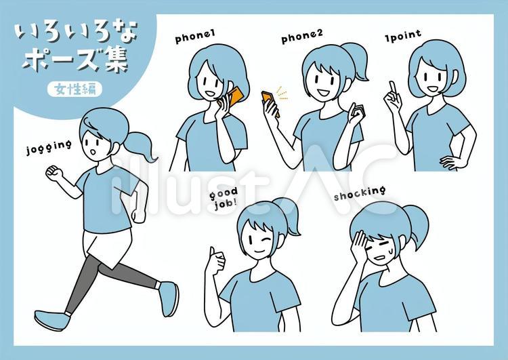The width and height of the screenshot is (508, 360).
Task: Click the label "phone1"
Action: click(x=195, y=37)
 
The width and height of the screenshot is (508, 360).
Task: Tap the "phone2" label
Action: click(x=302, y=37)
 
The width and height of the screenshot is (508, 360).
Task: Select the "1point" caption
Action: click(x=403, y=36)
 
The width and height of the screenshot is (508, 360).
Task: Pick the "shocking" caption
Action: click(x=360, y=193)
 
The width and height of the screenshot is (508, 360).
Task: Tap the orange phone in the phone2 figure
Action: click(x=270, y=102)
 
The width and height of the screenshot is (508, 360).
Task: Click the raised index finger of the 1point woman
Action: click(x=393, y=87)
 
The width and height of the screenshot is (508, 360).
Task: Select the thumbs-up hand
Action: click(x=215, y=262)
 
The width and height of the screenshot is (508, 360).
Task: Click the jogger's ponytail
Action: click(x=140, y=145)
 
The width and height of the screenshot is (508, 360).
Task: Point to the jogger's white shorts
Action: click(x=107, y=247)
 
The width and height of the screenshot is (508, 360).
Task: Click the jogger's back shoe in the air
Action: click(x=169, y=298)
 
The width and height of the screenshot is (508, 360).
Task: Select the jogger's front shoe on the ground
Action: click(x=52, y=320)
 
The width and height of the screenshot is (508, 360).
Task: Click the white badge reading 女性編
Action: click(x=75, y=89)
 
